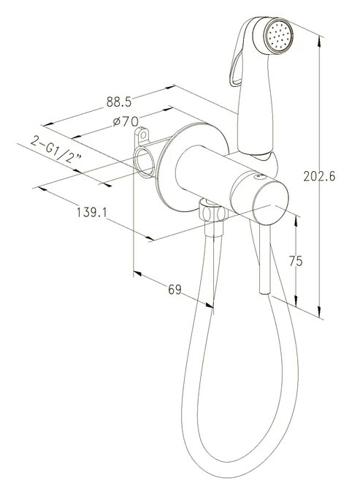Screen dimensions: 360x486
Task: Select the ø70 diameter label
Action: pos(126,121)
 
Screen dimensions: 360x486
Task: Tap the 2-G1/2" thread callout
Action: pos(55,150)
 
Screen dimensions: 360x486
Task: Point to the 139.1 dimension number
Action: pos(92,213)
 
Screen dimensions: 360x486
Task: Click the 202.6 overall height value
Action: pos(319,176)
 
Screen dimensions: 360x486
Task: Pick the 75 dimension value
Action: pos(296,261)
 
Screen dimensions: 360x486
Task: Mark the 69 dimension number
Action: pos(175,289)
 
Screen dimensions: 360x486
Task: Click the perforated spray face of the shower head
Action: pos(280,35)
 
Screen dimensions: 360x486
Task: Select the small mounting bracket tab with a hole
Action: pos(142,136)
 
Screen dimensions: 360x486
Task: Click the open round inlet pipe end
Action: pos(144,162)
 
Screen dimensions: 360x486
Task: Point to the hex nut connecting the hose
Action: pos(212,212)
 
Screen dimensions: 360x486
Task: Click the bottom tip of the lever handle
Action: pos(265,292)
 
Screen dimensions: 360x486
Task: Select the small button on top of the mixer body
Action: pos(259,177)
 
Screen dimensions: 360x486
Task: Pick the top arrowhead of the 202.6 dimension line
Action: pos(319,39)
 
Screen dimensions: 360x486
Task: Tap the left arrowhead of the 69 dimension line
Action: pos(138,273)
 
